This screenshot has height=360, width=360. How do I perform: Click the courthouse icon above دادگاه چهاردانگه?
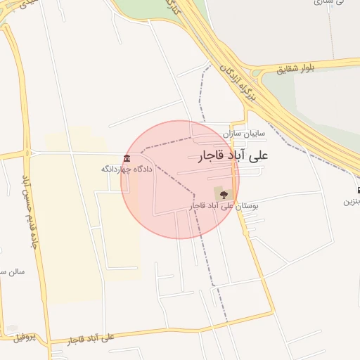[127, 158]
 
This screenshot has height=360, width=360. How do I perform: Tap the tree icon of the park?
[221, 193]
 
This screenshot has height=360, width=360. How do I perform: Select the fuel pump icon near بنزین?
[358, 191]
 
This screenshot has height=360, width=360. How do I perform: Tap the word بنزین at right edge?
[352, 202]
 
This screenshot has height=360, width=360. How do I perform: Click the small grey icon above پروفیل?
[11, 328]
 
